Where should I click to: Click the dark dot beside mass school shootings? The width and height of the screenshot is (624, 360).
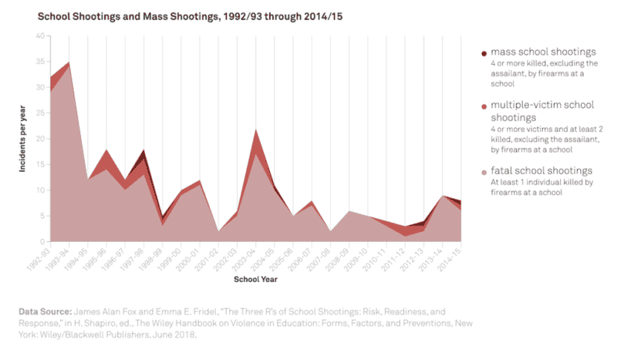(x=483, y=53)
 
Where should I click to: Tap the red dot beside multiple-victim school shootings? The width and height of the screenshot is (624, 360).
(x=483, y=107)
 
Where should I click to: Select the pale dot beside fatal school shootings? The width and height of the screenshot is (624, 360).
(x=483, y=172)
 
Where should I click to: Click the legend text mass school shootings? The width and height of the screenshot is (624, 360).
(x=543, y=52)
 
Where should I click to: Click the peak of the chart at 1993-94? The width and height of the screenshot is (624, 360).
(x=69, y=62)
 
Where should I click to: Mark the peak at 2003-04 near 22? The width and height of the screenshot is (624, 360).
(x=256, y=129)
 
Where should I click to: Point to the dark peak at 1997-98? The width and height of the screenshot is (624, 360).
(x=144, y=151)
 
